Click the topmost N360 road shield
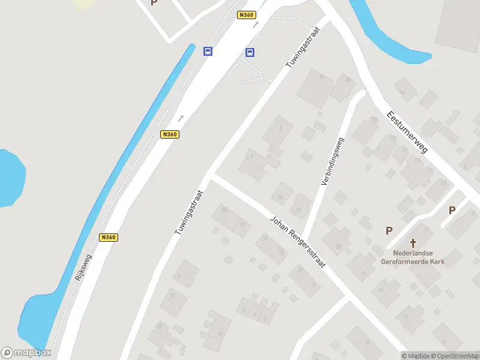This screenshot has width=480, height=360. pos(246,15)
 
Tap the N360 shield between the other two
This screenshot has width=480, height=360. pos(170,134)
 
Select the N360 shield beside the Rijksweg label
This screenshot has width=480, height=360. pos(109,237)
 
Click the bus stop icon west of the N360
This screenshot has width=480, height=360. pos(208,51)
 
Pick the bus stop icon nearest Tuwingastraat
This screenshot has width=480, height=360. pos(250,52)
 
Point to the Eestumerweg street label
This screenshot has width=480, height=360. pos(407,131)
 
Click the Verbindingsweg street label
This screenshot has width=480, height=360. pos(332,161)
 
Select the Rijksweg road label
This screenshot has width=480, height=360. pos(83,268)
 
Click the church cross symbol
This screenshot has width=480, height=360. pos(413,243)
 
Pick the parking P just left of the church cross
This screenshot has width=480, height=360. pos(389,230)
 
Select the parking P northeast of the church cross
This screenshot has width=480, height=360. pos(452,210)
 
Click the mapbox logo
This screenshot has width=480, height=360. pos(26,353)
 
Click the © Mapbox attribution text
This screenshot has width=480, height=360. pos(415,355)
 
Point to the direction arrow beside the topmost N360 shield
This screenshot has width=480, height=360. pos(256,25)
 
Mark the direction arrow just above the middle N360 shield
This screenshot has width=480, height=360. pos(180,118)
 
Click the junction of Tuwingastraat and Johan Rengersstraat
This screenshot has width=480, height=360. pos(209,175)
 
